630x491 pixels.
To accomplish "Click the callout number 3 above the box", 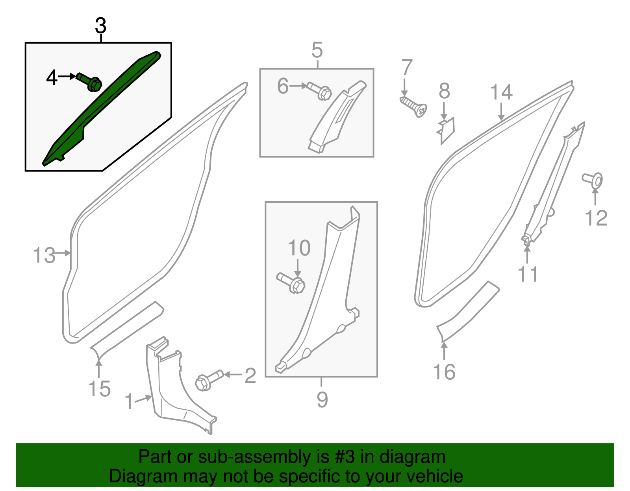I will (101, 26).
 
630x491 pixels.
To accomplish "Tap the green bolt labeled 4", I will (90, 81).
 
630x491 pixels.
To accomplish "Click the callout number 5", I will (317, 50).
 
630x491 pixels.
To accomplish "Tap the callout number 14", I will (501, 93).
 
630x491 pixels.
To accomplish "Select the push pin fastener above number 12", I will (593, 180).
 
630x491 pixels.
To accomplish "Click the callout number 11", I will (528, 274).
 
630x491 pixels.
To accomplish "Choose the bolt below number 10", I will (292, 283).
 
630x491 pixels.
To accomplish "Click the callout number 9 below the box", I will (322, 399).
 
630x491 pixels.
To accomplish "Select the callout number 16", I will (444, 371).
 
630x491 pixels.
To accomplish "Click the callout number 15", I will (99, 389).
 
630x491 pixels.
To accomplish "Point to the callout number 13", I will (44, 256).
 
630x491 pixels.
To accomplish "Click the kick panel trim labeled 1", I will (173, 389).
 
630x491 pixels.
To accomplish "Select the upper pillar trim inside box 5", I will (335, 118).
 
